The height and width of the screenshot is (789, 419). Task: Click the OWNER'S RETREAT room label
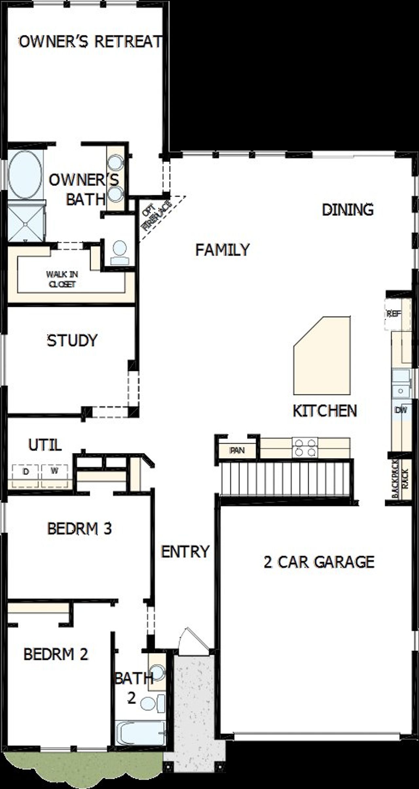click(90, 42)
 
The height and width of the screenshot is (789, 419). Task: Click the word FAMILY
click(222, 250)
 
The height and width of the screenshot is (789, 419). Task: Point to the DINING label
click(348, 210)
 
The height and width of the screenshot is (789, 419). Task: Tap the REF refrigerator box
click(393, 314)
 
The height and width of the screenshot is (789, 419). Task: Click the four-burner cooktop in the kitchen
click(305, 448)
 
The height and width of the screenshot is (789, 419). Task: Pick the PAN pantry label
click(237, 451)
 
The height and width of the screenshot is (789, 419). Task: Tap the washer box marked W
click(54, 471)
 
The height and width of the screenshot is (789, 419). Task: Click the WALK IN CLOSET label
click(62, 279)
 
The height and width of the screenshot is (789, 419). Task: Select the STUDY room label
click(72, 340)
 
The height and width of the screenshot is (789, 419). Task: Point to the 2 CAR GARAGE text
click(319, 562)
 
